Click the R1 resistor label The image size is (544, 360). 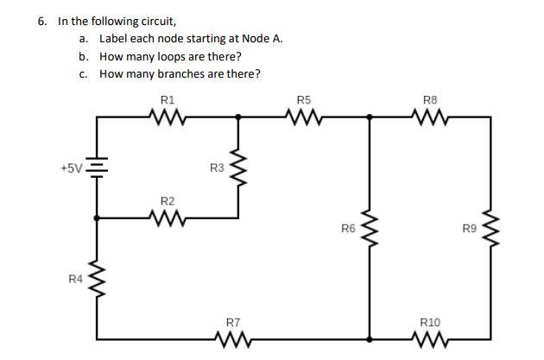pos(168,100)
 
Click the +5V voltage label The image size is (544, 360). pos(72,167)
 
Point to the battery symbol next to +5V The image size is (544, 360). pos(96,167)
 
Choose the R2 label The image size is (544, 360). pos(168,201)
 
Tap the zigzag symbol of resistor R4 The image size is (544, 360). pos(96,279)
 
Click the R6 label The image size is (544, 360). pos(348,229)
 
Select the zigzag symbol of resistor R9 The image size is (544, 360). pos(490,229)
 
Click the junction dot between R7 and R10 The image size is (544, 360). pos(370,338)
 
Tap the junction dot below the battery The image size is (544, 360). pos(96,218)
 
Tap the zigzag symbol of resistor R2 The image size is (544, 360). pos(168,218)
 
